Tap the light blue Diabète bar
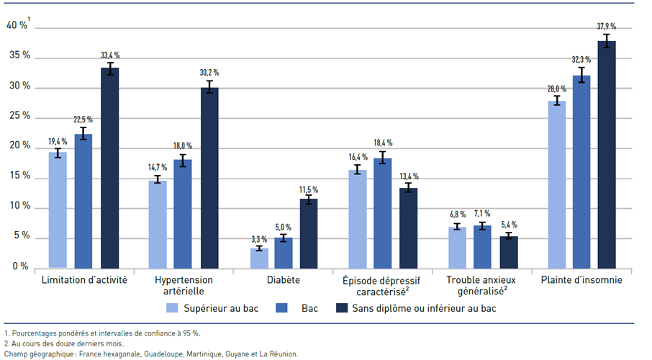[259, 258]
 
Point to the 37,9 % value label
[607, 27]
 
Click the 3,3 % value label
[259, 239]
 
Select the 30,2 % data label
[209, 73]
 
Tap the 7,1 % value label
[482, 214]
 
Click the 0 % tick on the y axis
[21, 266]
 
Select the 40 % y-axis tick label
[17, 25]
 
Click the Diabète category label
[284, 279]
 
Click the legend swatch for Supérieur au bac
[172, 308]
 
